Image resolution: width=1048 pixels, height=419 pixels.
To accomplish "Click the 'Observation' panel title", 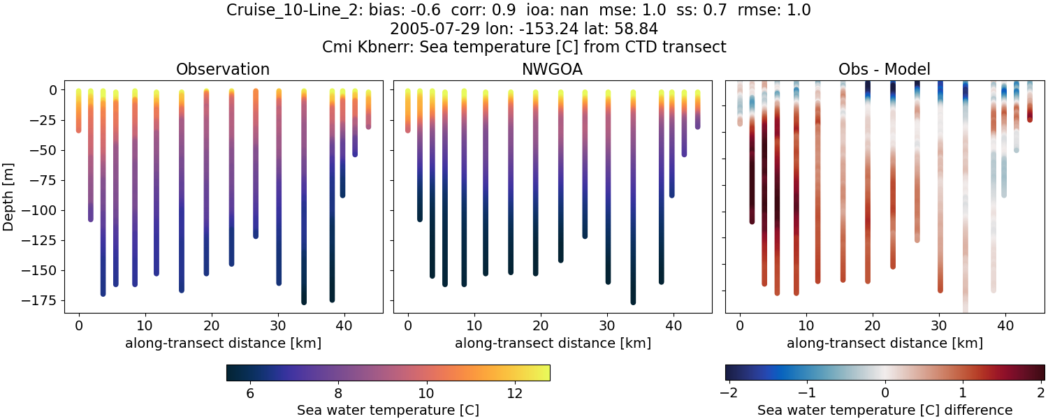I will click(223, 69).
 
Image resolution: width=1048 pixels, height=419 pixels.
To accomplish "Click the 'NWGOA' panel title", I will click(553, 69).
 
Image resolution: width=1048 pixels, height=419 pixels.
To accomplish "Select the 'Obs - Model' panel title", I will click(884, 69).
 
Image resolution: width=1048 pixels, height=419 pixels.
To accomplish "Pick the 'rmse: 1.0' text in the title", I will click(778, 10).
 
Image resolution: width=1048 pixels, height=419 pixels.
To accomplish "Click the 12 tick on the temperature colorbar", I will click(514, 394).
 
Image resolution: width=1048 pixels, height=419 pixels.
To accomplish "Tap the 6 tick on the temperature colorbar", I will click(249, 394).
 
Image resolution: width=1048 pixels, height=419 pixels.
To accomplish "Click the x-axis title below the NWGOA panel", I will click(553, 343).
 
